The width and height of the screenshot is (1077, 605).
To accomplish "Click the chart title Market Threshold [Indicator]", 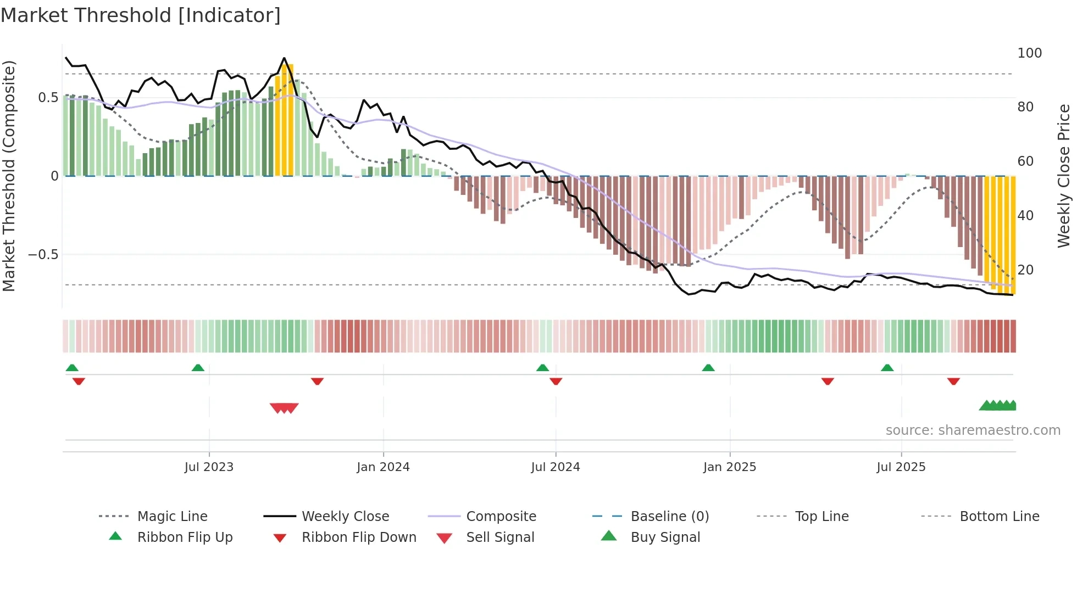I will pyautogui.click(x=141, y=15).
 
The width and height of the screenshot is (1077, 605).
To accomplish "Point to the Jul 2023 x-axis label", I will pyautogui.click(x=209, y=467).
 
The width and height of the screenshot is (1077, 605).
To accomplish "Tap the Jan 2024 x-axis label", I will pyautogui.click(x=383, y=467).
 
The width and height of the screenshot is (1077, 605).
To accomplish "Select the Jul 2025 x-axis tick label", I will pyautogui.click(x=901, y=467).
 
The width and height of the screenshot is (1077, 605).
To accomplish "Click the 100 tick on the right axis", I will pyautogui.click(x=1029, y=53).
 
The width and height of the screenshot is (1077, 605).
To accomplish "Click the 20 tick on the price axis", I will pyautogui.click(x=1025, y=270).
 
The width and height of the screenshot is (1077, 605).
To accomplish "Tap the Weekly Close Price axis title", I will pyautogui.click(x=1064, y=176).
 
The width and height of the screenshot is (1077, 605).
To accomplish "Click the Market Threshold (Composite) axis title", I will pyautogui.click(x=9, y=176).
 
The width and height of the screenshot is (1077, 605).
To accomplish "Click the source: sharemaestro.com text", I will pyautogui.click(x=973, y=430).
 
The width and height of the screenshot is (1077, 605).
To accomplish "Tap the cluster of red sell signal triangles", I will pyautogui.click(x=284, y=408).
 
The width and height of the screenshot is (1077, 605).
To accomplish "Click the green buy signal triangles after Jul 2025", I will pyautogui.click(x=998, y=406).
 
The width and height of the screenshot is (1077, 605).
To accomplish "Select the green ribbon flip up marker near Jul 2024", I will pyautogui.click(x=542, y=368).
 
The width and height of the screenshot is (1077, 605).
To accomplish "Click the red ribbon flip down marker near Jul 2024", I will pyautogui.click(x=556, y=381).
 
